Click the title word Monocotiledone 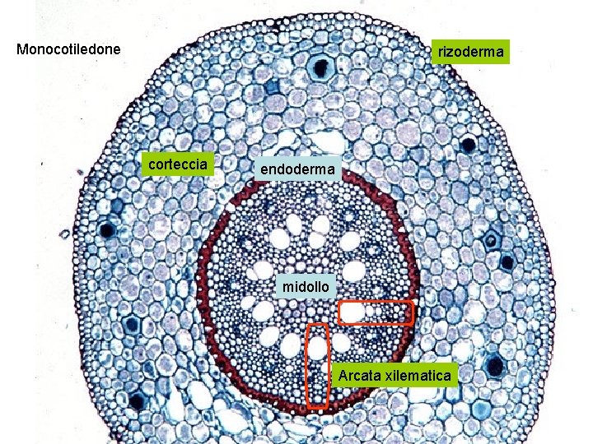(x=68, y=49)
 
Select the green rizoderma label (x=471, y=53)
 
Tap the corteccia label (x=177, y=164)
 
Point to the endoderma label (x=297, y=169)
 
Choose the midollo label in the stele (x=306, y=287)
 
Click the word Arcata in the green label (x=359, y=376)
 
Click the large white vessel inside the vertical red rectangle (x=316, y=348)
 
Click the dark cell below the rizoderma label (x=469, y=146)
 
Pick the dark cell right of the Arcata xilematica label (x=495, y=366)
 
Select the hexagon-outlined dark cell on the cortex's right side (x=492, y=242)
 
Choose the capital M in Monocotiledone (x=23, y=49)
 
